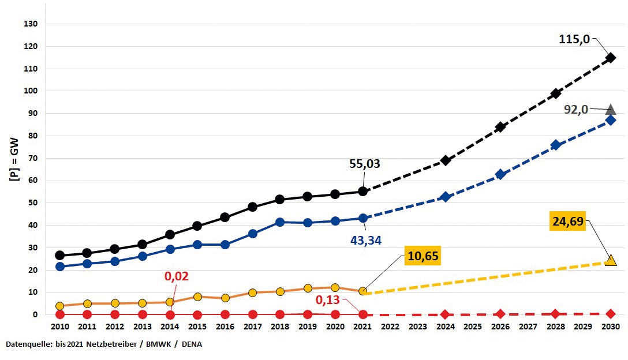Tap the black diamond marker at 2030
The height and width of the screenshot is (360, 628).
611,58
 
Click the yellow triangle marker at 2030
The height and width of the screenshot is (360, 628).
611,261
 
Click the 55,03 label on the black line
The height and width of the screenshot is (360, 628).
365,164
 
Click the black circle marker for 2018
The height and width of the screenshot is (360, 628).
280,200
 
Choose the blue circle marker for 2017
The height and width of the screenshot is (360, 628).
252,234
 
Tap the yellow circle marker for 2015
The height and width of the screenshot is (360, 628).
197,297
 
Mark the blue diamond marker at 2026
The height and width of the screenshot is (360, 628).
500,174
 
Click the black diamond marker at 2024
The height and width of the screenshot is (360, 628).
445,160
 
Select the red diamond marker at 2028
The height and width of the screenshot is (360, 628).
555,314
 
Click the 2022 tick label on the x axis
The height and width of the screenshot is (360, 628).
390,327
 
